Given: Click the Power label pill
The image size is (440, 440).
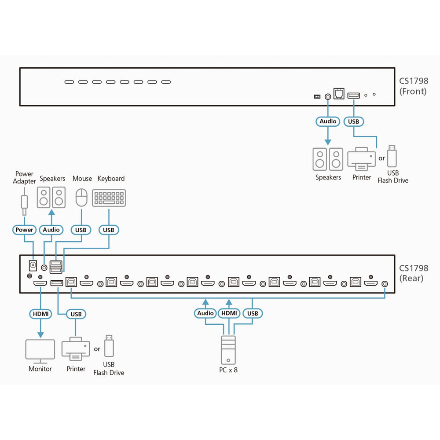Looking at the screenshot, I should (x=24, y=230).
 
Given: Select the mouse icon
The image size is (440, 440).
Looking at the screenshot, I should (x=82, y=198).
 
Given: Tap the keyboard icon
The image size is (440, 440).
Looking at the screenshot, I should (x=109, y=198).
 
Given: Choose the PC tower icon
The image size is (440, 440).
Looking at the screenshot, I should (x=228, y=350).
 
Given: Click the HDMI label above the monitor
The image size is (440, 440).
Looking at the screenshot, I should (x=40, y=313).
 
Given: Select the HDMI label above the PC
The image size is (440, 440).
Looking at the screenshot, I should (x=229, y=313).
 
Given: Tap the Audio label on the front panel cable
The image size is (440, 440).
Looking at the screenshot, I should (x=328, y=121).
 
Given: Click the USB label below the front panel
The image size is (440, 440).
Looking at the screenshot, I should (x=353, y=121).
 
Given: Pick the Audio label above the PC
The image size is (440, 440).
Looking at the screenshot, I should (x=205, y=313).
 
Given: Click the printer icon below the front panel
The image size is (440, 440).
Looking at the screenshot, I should (x=362, y=159).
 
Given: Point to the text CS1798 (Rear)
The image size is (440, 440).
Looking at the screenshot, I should (x=413, y=273).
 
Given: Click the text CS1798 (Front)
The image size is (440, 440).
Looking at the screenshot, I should (x=413, y=86).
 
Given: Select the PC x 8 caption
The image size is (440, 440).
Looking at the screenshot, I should (x=228, y=370).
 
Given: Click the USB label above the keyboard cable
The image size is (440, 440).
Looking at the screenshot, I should (x=108, y=230).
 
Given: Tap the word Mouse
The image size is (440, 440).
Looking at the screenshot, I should (x=82, y=178).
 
